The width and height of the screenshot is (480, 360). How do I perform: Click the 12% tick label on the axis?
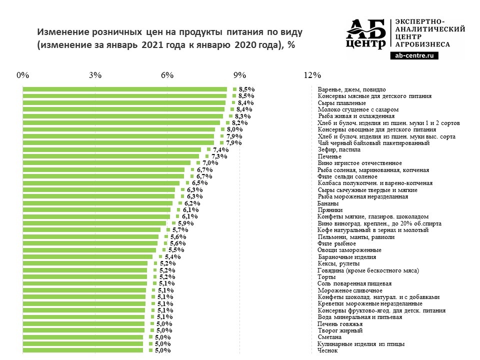(312, 75)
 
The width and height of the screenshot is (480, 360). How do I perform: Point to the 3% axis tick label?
(95, 75)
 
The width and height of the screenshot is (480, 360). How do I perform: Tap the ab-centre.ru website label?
(413, 56)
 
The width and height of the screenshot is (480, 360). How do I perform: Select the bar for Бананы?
(98, 203)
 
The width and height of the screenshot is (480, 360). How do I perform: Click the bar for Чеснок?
(83, 350)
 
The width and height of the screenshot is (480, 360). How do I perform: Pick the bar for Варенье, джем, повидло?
(125, 89)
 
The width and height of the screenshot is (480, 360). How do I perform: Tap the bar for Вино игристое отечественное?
(107, 163)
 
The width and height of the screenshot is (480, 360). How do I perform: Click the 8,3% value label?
(243, 116)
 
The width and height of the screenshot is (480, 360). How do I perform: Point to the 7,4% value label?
(220, 149)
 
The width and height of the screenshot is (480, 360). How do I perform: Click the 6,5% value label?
(199, 183)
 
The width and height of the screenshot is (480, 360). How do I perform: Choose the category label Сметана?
(330, 337)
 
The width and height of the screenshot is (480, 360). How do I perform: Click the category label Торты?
(327, 277)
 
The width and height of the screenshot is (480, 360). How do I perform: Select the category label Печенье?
(330, 156)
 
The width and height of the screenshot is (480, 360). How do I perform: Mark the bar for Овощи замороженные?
(90, 250)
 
